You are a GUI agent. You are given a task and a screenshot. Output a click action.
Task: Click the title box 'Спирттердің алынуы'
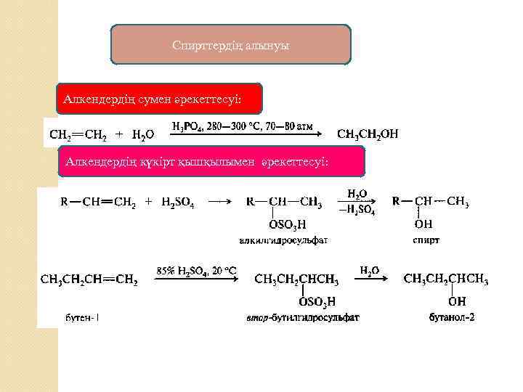(230, 46)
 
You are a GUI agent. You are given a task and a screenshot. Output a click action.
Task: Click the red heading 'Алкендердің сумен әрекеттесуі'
(158, 98)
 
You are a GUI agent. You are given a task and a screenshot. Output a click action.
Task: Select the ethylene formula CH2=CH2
(78, 134)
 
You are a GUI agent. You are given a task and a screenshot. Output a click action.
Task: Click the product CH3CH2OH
(368, 134)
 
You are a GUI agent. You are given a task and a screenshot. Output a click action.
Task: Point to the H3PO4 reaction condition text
(243, 126)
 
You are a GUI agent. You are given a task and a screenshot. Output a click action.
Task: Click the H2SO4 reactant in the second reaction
(178, 203)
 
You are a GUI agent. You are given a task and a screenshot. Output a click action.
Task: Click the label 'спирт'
(426, 239)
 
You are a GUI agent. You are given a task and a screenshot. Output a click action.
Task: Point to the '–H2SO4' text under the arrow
(357, 210)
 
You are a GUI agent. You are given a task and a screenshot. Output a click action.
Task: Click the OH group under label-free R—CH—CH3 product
(423, 224)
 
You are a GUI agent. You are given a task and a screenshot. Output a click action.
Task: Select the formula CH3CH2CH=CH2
(89, 279)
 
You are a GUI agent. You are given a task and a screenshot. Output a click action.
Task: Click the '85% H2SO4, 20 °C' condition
(197, 271)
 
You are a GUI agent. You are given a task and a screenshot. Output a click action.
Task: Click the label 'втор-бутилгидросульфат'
(304, 317)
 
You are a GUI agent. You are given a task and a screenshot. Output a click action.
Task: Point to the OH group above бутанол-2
(457, 301)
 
